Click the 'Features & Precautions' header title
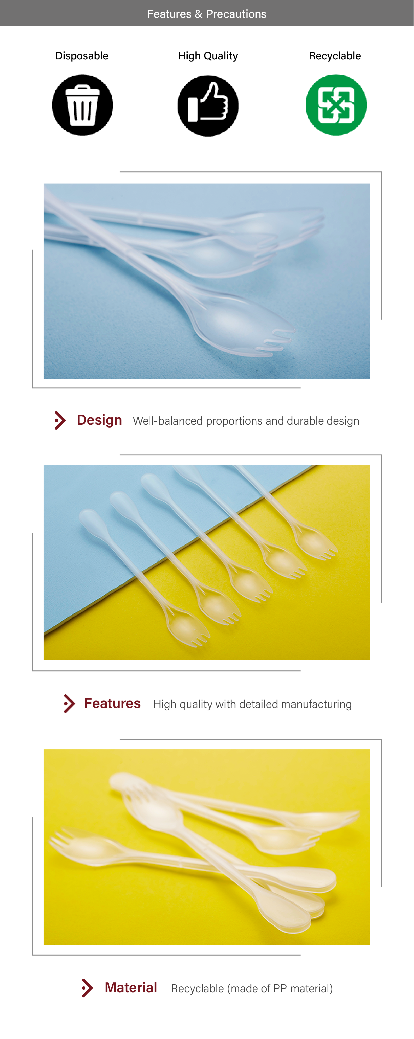(x=207, y=14)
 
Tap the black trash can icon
(x=83, y=105)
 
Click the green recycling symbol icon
(x=336, y=105)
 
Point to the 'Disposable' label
(x=82, y=56)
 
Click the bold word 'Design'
(x=99, y=420)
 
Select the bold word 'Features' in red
(x=112, y=703)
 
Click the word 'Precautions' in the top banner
(x=236, y=14)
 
